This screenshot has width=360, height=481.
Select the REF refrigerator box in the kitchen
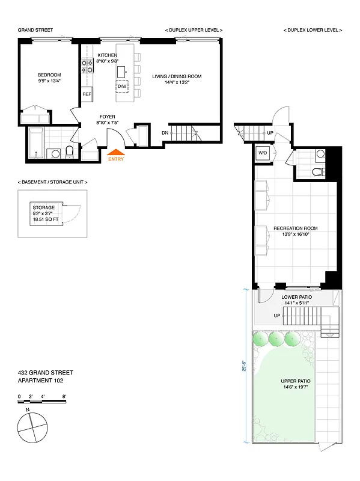tap(87, 94)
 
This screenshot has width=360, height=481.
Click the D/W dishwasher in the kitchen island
tap(122, 87)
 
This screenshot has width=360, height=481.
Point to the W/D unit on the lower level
tap(263, 153)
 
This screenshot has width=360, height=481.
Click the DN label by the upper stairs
tap(165, 133)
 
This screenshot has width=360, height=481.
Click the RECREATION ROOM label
tap(295, 228)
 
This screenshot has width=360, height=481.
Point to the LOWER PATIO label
tap(294, 297)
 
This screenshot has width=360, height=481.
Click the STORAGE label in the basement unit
tap(43, 207)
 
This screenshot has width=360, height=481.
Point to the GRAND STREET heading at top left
tap(35, 29)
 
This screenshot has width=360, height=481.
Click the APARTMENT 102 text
tap(40, 381)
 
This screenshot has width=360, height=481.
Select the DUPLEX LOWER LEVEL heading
tap(313, 29)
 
